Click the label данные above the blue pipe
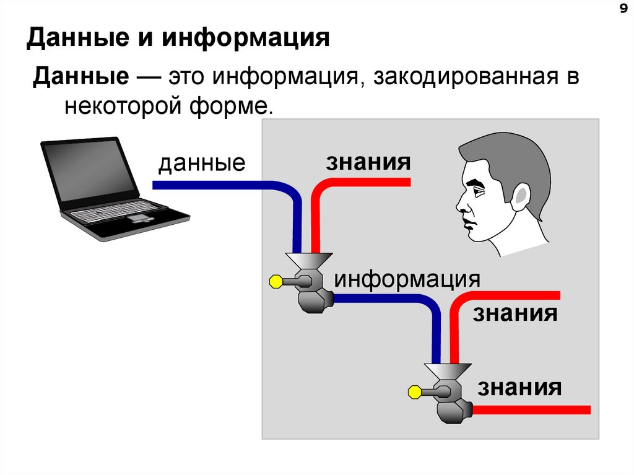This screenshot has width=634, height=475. [202, 163]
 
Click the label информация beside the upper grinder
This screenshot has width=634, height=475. [407, 278]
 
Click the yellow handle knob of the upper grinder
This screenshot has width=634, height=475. [276, 282]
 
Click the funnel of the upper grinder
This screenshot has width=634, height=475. [308, 260]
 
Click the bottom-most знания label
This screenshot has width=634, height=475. [519, 388]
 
